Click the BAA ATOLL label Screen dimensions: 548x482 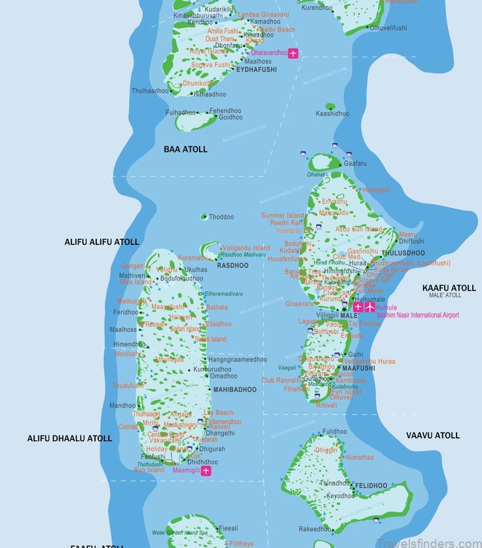(x=185, y=149)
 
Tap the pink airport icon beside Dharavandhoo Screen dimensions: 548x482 (x=293, y=53)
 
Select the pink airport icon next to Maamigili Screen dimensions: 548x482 (x=206, y=471)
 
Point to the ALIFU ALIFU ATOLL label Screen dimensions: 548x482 (x=102, y=242)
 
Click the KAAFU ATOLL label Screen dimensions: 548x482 (x=449, y=288)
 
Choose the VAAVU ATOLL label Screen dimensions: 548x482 (x=433, y=435)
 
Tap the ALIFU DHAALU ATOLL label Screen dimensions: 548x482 (x=69, y=439)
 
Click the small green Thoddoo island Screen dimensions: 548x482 (x=204, y=217)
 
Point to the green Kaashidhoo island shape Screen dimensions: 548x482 (x=330, y=106)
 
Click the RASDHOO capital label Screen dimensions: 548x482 (x=233, y=266)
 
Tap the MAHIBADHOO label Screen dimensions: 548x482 (x=234, y=390)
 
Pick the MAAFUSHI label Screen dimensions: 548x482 (x=358, y=369)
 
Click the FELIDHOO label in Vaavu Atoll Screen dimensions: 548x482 (x=371, y=486)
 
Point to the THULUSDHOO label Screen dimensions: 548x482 (x=403, y=253)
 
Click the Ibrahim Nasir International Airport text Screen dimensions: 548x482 (x=417, y=315)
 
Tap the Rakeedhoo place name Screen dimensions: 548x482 (x=315, y=529)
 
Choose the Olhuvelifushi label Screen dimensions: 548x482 (x=388, y=27)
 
